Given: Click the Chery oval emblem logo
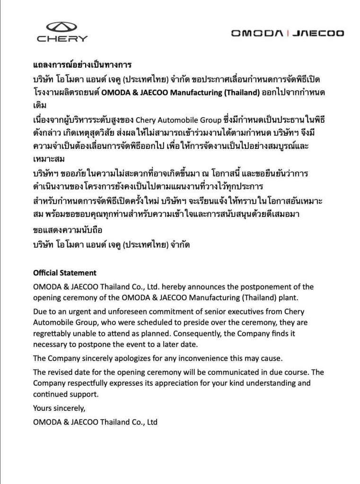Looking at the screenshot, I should point(61,27).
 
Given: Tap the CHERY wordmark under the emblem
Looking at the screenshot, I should point(62,39).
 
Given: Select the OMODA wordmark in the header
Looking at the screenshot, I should point(257,33).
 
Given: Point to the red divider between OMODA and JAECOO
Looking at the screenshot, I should point(288,33).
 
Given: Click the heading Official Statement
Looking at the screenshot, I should point(64,273).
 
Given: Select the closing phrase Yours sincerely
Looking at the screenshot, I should point(59,408).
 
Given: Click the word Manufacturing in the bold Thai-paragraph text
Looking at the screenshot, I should point(195,92).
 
